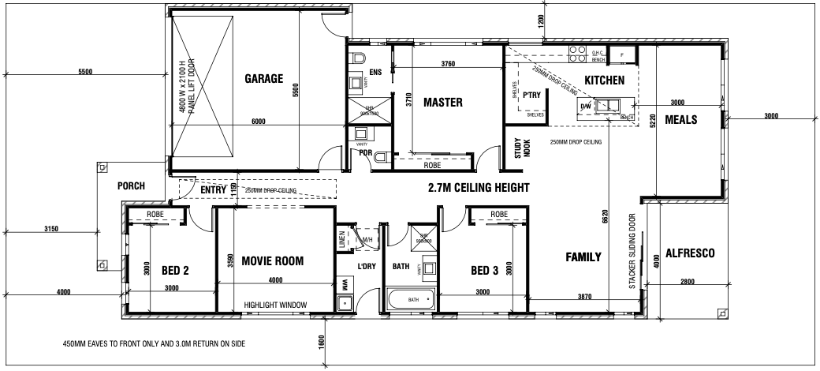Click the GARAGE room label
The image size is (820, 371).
pyautogui.click(x=263, y=78)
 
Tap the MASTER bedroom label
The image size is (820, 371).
pyautogui.click(x=442, y=103)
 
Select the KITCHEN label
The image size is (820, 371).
pyautogui.click(x=604, y=80)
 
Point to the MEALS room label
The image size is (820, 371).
pyautogui.click(x=680, y=119)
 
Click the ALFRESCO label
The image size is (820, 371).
pyautogui.click(x=690, y=253)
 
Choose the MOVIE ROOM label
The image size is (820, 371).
pyautogui.click(x=272, y=260)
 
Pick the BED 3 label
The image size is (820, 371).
pyautogui.click(x=485, y=271)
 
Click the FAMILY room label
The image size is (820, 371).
pyautogui.click(x=583, y=257)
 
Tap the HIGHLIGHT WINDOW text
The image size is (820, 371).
pyautogui.click(x=275, y=305)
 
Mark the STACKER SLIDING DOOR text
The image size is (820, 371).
pyautogui.click(x=632, y=251)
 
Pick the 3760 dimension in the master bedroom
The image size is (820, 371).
pyautogui.click(x=449, y=64)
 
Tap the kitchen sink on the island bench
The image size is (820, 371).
pyautogui.click(x=609, y=105)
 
